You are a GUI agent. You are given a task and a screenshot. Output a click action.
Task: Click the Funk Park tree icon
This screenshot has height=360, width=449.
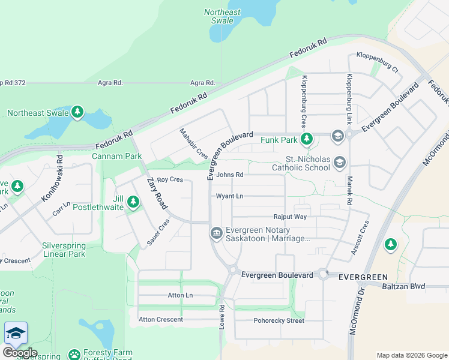click(x=307, y=140)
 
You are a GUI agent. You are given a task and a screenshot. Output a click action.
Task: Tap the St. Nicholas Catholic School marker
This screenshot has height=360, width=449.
click(x=340, y=161)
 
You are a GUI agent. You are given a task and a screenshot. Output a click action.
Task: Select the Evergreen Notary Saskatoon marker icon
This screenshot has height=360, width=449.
click(x=215, y=233)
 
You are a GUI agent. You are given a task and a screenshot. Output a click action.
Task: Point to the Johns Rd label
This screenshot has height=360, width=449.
click(x=230, y=175)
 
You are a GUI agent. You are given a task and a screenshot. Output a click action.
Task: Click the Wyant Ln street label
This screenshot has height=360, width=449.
click(x=230, y=196)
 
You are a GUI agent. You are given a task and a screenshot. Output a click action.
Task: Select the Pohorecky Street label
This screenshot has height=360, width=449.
click(x=279, y=320)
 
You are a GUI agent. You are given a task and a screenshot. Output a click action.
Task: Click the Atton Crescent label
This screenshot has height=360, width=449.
click(x=161, y=319)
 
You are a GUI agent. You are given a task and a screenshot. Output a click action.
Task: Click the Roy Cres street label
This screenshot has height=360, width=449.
click(x=169, y=179)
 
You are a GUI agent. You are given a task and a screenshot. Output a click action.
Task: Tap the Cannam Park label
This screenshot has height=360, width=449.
click(x=116, y=157)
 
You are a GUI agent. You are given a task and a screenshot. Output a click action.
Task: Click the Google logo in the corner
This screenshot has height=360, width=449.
click(x=20, y=353)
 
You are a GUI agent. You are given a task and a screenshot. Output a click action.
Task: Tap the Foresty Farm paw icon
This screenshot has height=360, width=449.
click(x=74, y=355)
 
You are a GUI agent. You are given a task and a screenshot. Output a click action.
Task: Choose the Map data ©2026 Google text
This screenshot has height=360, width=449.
click(x=411, y=355)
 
